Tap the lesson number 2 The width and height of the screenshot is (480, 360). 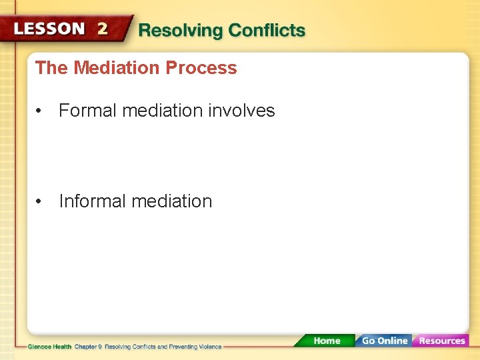(x=102, y=29)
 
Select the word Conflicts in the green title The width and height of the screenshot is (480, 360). (x=267, y=31)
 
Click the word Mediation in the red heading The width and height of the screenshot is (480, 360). (x=117, y=68)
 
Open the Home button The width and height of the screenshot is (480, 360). (x=326, y=341)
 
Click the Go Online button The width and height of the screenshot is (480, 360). (x=385, y=341)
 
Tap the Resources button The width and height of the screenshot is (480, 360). (x=441, y=341)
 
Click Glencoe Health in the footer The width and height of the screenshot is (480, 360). (x=49, y=347)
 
